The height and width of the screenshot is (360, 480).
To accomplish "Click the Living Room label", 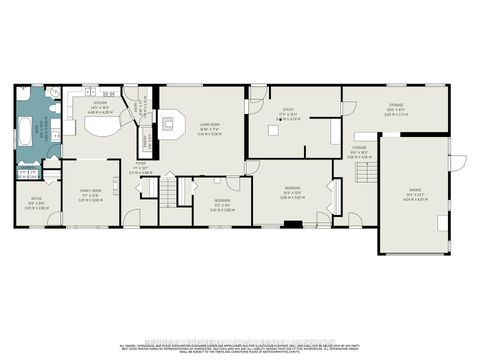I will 209,128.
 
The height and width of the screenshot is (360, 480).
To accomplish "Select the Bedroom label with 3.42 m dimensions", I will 223,207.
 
